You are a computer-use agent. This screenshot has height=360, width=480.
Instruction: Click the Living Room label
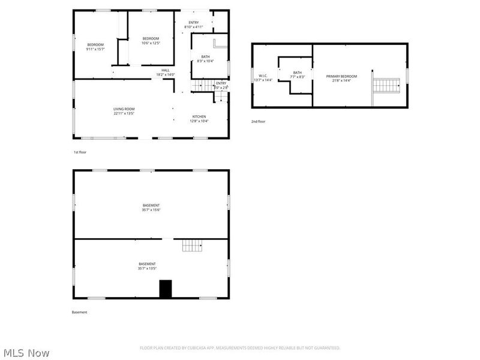coord(124,111)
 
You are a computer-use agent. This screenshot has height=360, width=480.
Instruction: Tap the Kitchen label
coord(199,118)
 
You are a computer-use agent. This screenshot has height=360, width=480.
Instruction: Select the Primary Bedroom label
coord(341,78)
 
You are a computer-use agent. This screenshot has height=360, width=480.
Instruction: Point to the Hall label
coord(165,72)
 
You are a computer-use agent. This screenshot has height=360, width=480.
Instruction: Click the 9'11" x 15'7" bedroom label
coord(95,47)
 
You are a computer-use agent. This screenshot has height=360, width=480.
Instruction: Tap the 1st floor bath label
coord(205,59)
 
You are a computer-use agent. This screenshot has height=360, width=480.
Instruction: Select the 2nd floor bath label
coord(298,74)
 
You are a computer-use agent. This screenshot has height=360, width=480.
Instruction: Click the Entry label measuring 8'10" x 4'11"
coord(194,25)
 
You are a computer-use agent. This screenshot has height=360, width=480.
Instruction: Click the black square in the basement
coord(165,289)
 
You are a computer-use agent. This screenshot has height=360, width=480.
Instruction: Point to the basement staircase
coord(193,245)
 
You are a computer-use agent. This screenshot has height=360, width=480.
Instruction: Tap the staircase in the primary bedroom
coord(386,85)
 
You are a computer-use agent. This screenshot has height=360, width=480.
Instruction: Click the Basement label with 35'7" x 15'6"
coord(151,208)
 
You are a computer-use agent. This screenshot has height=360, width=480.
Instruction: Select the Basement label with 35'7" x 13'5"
coord(147,266)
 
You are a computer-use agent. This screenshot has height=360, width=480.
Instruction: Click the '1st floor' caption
coord(80,152)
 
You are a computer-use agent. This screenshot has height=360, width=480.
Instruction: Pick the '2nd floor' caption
coord(258,122)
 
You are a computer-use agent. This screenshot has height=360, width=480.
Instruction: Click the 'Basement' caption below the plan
coord(80,312)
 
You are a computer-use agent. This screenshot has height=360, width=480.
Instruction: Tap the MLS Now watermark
coord(26,353)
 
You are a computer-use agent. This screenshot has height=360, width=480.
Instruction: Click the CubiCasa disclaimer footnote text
coord(240,348)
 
